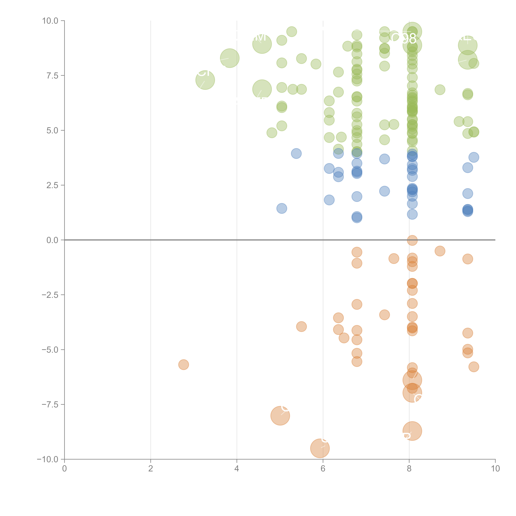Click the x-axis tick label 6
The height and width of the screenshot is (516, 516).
pos(323,468)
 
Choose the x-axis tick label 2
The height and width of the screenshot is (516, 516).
pos(151,468)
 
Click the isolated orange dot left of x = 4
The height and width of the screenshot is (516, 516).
pos(183,365)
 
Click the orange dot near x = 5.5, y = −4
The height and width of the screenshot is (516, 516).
pos(301,326)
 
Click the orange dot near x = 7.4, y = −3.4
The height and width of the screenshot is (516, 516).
pos(384,315)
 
